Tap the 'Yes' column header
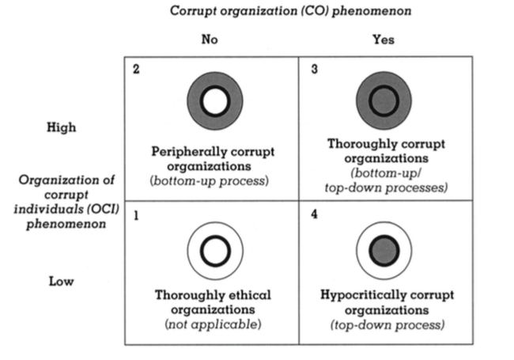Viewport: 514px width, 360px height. [x=384, y=40]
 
